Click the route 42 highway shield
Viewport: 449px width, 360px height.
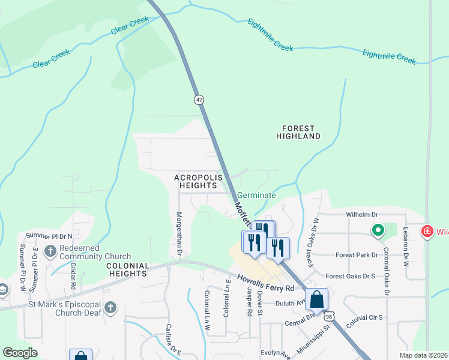click(199, 99)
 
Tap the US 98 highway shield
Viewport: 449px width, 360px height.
click(328, 316)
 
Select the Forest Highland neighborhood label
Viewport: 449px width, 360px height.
click(298, 133)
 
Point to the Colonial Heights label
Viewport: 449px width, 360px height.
click(127, 269)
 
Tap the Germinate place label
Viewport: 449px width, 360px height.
click(256, 196)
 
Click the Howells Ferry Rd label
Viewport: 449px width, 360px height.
click(265, 283)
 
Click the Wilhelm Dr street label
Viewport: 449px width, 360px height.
click(362, 214)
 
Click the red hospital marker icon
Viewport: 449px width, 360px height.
click(427, 231)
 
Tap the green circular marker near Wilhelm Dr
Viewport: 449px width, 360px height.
click(378, 230)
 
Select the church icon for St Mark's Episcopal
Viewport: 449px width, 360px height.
click(110, 308)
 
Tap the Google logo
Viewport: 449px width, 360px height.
click(20, 353)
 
